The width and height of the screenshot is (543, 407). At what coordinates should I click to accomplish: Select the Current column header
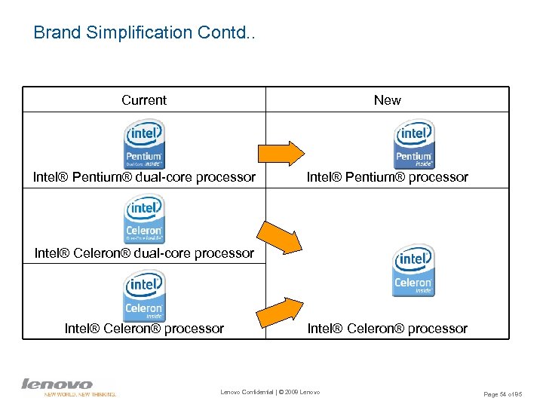[x=144, y=100]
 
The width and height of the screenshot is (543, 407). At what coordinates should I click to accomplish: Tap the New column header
[x=387, y=100]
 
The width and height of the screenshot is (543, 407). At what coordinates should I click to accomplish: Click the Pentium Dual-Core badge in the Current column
[x=143, y=144]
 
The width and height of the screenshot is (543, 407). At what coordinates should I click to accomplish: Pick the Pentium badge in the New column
[x=414, y=144]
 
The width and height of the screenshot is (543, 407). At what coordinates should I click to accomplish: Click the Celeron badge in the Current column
[x=143, y=295]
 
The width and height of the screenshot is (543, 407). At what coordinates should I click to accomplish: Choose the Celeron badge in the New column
[x=413, y=271]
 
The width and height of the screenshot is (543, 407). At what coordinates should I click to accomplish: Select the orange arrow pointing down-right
[x=281, y=236]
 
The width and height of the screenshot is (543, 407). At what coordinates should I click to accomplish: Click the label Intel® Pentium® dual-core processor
[x=144, y=178]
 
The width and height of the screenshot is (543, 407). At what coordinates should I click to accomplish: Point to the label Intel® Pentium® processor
[x=387, y=178]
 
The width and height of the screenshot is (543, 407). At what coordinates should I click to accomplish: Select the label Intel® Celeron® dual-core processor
[x=144, y=253]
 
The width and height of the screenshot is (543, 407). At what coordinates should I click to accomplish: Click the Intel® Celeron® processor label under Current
[x=144, y=329]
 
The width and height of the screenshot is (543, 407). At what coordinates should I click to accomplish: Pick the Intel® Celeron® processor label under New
[x=387, y=329]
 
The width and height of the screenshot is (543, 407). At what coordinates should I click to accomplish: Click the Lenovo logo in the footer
[x=57, y=384]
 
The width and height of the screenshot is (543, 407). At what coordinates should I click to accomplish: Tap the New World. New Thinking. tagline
[x=80, y=394]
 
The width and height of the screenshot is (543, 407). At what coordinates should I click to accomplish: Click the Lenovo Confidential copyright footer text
[x=270, y=392]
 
